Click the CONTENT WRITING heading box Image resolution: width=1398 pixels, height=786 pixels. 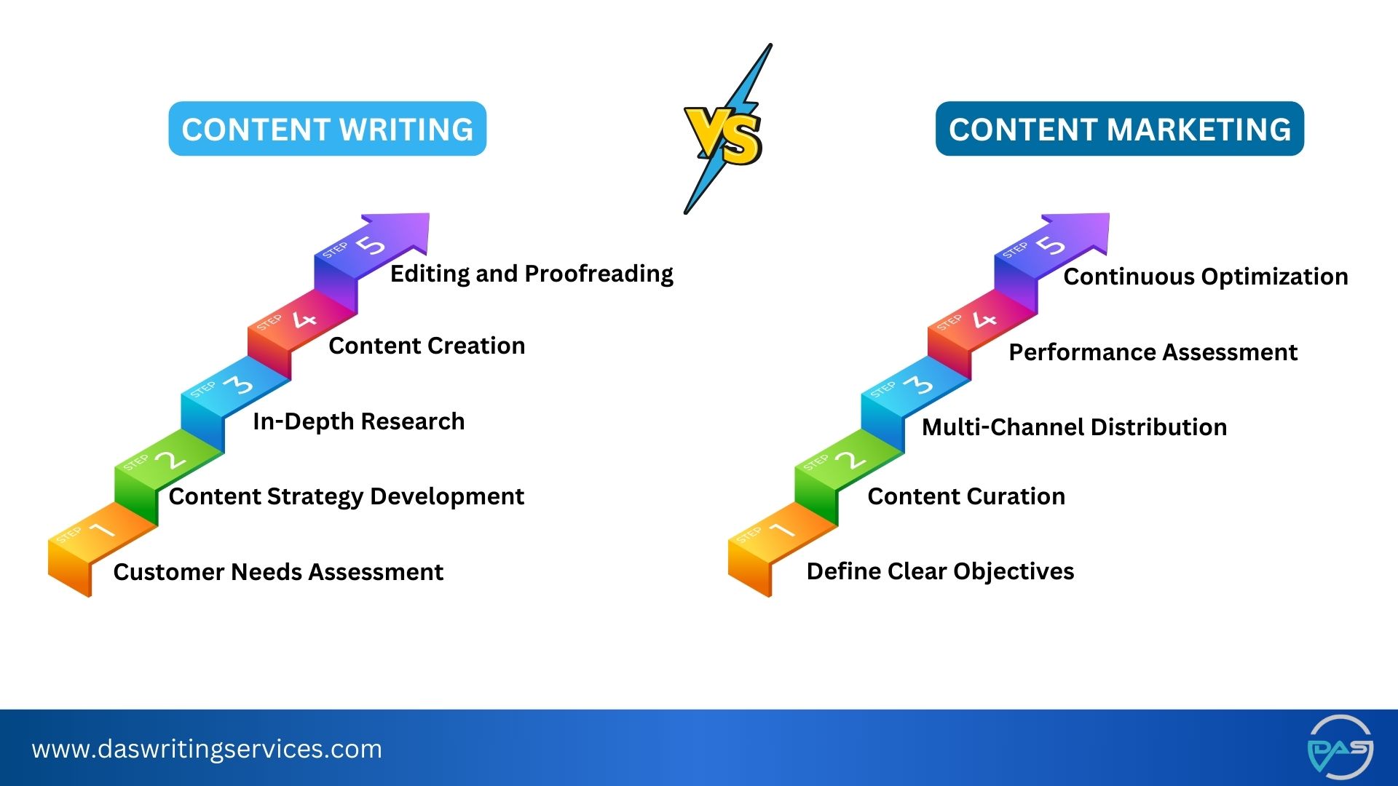[327, 129]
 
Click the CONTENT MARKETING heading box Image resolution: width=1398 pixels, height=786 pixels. [1119, 129]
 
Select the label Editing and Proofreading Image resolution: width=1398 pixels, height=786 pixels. [532, 274]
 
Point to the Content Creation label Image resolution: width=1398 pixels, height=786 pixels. [427, 346]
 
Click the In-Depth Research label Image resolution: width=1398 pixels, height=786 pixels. [358, 421]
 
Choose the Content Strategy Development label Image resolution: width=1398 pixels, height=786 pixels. [346, 496]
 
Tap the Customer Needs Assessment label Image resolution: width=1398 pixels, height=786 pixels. [278, 572]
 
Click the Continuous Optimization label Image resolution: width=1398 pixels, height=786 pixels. [1205, 277]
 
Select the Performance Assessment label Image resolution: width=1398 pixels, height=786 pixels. [1153, 352]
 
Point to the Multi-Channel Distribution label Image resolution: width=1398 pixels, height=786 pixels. [1074, 427]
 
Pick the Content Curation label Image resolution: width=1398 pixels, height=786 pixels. [966, 496]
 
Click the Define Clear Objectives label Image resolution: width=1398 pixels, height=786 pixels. [940, 571]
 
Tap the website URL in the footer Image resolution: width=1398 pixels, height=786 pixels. [207, 749]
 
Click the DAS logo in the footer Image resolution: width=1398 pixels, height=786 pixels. [1340, 747]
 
